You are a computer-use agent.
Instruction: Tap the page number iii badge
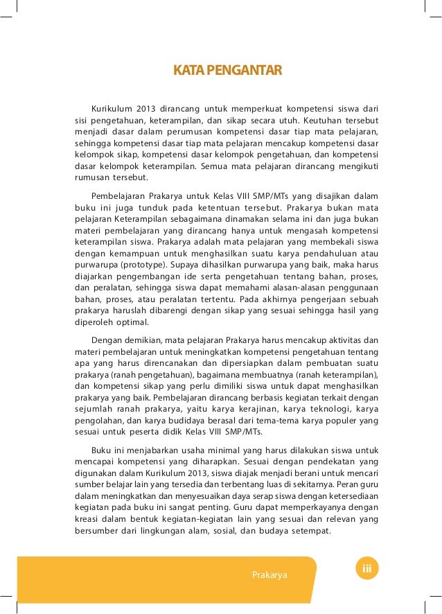pyautogui.click(x=367, y=569)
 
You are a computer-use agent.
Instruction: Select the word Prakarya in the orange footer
pyautogui.click(x=269, y=575)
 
